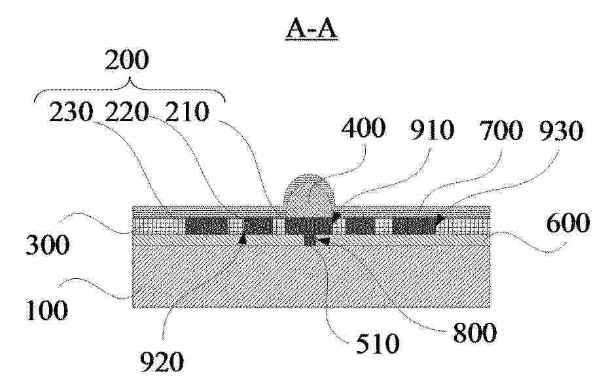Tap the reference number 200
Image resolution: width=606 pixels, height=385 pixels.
point(127,60)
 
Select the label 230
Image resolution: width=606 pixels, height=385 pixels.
point(71,112)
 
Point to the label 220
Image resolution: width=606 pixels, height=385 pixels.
point(127,112)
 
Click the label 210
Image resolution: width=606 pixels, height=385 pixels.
point(187,112)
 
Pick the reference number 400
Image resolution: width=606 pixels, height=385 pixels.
point(363,128)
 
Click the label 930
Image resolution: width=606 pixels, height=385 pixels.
point(561,131)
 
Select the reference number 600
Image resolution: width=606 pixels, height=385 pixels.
point(568,223)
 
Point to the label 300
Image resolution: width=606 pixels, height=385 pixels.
point(48,245)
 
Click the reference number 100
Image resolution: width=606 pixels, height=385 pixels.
point(46,310)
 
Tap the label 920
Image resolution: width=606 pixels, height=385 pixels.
point(162,362)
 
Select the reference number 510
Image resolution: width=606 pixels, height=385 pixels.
point(378,344)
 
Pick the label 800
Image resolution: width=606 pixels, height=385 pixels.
point(474,333)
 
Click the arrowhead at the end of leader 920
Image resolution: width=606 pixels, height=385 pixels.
point(243,240)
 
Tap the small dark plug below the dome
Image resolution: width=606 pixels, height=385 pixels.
point(310,240)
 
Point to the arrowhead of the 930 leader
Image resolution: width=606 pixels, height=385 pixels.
point(440,219)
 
